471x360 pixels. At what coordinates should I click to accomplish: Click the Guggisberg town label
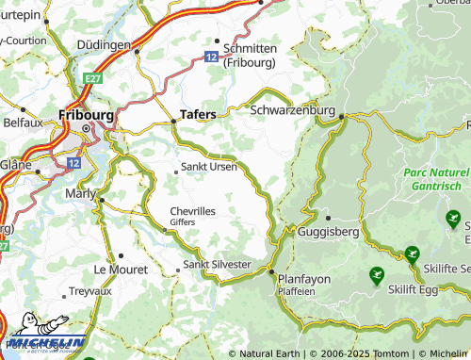[326, 229]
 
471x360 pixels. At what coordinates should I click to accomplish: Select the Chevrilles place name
[195, 211]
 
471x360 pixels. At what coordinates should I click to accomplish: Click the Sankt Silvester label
[218, 265]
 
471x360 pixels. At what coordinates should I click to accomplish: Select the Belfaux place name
[23, 123]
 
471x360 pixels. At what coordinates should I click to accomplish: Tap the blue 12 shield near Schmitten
[212, 57]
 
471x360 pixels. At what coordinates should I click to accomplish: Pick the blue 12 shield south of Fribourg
[73, 163]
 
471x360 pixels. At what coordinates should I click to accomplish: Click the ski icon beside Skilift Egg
[377, 276]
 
